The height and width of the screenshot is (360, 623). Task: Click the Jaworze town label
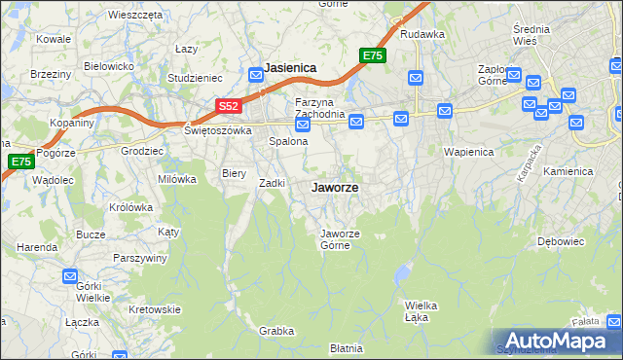pyautogui.click(x=334, y=188)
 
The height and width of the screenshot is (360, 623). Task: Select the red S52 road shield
pyautogui.click(x=228, y=106)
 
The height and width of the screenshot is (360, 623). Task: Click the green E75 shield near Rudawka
pyautogui.click(x=372, y=55)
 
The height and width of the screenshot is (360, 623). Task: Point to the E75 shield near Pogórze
pyautogui.click(x=20, y=162)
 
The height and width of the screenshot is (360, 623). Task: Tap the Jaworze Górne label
pyautogui.click(x=341, y=238)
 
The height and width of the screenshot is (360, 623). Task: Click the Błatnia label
pyautogui.click(x=346, y=347)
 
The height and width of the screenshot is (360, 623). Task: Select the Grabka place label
pyautogui.click(x=275, y=331)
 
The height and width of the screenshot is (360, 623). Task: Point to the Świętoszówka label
pyautogui.click(x=218, y=130)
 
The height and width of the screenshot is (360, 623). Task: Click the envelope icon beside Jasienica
pyautogui.click(x=256, y=73)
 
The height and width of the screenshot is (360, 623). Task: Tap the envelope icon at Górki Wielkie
pyautogui.click(x=70, y=276)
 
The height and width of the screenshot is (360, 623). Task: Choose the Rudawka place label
pyautogui.click(x=421, y=34)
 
